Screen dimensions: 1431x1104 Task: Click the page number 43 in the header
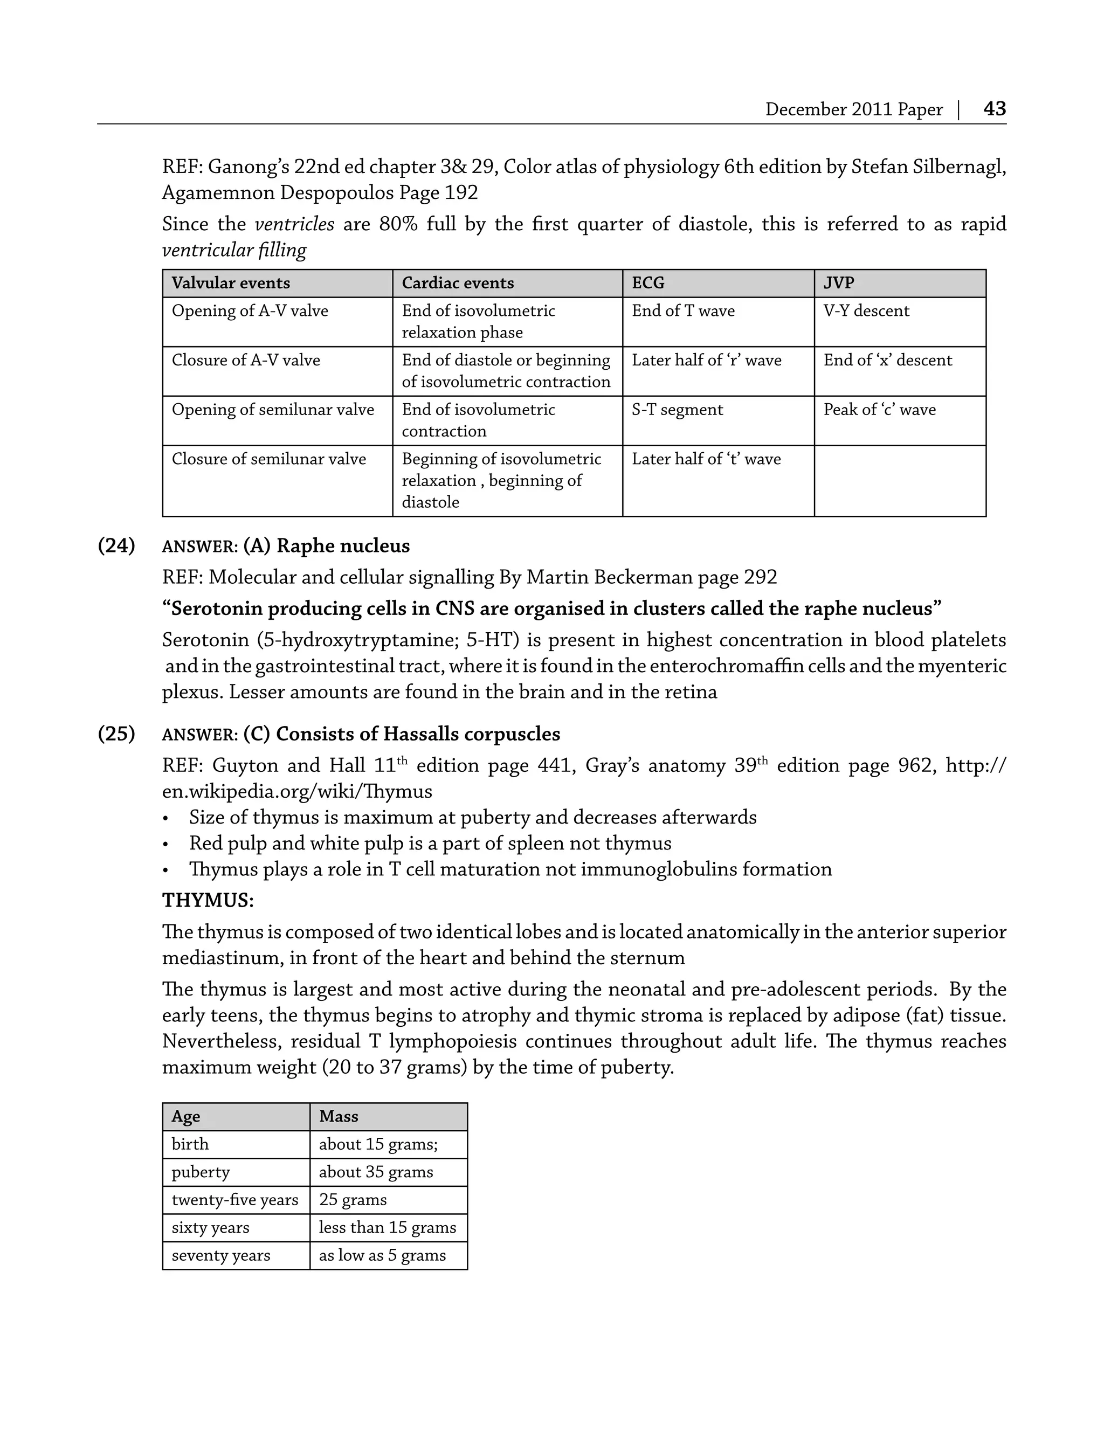tap(994, 109)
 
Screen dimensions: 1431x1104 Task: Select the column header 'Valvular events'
tap(231, 283)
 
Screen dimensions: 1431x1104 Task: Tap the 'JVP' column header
tap(839, 283)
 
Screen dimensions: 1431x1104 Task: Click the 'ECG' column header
tap(648, 283)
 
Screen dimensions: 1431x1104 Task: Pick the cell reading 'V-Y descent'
tap(866, 310)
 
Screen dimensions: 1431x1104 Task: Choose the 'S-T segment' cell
tap(677, 410)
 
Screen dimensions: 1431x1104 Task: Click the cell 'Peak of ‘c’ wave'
tap(879, 410)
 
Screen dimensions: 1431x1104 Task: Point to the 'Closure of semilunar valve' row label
tap(268, 459)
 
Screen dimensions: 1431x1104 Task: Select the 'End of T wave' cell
tap(682, 310)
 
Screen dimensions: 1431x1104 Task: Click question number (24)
tap(116, 546)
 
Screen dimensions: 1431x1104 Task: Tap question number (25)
tap(116, 734)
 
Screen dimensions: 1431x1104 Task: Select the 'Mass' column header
tap(338, 1116)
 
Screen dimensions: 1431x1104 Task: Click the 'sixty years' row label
tap(210, 1227)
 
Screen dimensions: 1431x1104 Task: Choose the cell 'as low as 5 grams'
tap(382, 1255)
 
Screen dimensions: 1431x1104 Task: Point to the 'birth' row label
tap(190, 1144)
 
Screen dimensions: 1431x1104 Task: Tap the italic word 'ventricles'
tap(294, 224)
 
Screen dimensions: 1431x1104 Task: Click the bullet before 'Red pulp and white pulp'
tap(166, 845)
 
